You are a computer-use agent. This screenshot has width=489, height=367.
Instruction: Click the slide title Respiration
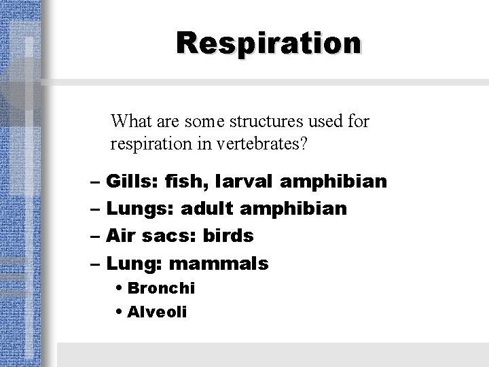click(x=269, y=43)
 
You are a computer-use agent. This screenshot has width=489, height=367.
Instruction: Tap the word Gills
click(x=132, y=182)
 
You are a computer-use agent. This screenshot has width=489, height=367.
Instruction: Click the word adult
click(x=202, y=209)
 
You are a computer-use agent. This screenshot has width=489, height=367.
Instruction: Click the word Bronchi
click(x=161, y=288)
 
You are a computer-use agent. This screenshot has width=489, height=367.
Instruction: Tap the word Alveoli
click(x=157, y=313)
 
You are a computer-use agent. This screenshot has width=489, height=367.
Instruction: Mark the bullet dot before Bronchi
click(x=120, y=288)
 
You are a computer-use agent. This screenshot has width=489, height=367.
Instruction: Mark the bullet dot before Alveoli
click(x=120, y=313)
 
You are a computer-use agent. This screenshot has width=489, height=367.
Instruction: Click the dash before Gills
click(x=96, y=183)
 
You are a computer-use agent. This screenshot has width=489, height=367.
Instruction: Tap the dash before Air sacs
click(x=96, y=237)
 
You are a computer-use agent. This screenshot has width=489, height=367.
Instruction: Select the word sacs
click(x=167, y=236)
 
